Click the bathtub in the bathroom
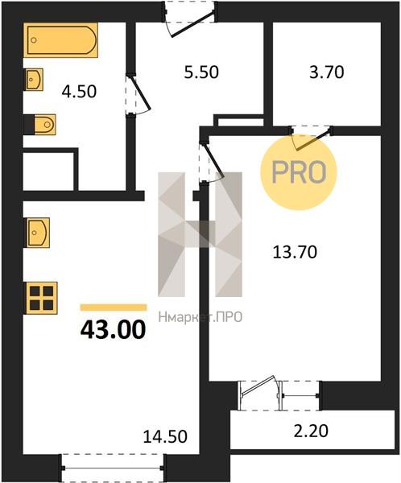tap(60, 40)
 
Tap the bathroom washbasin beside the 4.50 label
tap(34, 80)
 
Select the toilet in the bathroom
tap(44, 125)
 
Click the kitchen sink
tap(38, 233)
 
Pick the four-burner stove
tap(42, 298)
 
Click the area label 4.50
tap(79, 92)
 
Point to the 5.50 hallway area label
tap(201, 72)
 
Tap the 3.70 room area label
tap(327, 72)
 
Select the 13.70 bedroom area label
tap(295, 252)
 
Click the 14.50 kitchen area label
tap(165, 436)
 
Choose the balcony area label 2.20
tap(311, 431)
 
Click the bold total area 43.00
tap(113, 329)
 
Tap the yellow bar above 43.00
tap(114, 308)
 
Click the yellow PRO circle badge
tap(299, 172)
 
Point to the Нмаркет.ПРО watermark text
tap(200, 317)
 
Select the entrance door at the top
tap(190, 19)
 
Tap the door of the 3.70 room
tap(312, 138)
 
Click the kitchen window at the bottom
tap(113, 468)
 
